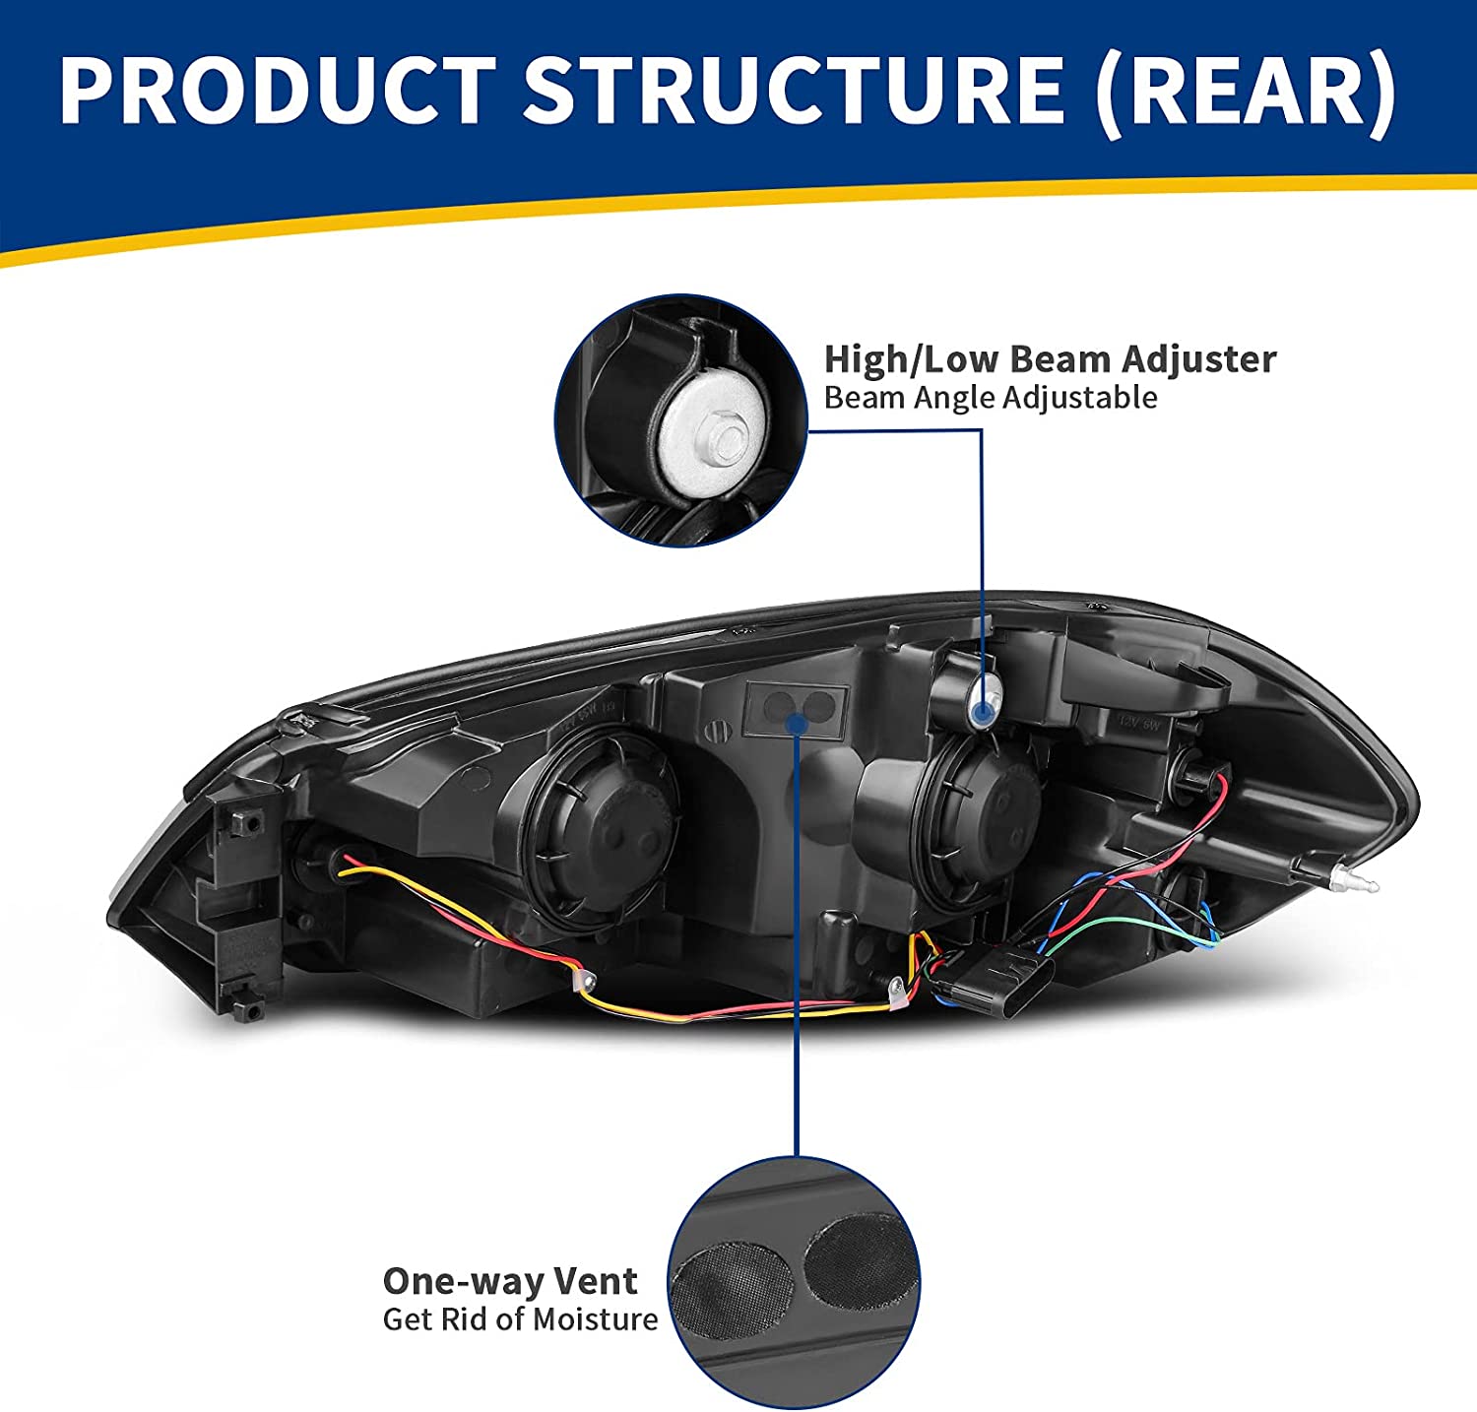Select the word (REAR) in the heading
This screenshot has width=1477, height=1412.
[1246, 91]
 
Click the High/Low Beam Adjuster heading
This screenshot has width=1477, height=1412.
[1050, 359]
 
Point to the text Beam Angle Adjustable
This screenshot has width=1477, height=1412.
[990, 398]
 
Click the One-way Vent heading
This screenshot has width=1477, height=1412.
[509, 1281]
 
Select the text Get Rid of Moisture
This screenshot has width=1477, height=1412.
[520, 1319]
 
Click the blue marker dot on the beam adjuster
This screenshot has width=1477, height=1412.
[982, 712]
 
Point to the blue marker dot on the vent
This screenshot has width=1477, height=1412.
[797, 724]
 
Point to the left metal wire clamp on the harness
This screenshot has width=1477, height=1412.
[586, 980]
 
